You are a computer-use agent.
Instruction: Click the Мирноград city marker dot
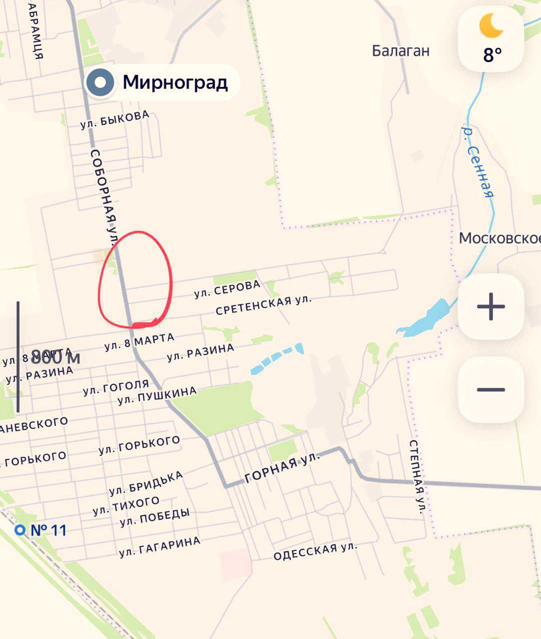click(x=100, y=82)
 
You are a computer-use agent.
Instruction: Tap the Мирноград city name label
click(x=175, y=82)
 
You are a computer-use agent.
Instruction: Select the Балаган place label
click(x=401, y=51)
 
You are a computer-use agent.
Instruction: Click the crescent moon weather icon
click(x=491, y=26)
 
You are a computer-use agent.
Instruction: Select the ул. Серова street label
click(x=227, y=289)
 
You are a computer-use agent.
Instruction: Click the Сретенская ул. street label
click(x=263, y=305)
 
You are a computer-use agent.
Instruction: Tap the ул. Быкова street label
click(x=115, y=120)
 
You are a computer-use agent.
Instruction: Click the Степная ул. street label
click(x=417, y=477)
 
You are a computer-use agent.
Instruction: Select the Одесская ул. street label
click(x=315, y=551)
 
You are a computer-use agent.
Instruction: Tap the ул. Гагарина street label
click(x=160, y=547)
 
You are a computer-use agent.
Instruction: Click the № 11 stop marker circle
click(x=20, y=530)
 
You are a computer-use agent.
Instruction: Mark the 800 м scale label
click(x=55, y=357)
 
